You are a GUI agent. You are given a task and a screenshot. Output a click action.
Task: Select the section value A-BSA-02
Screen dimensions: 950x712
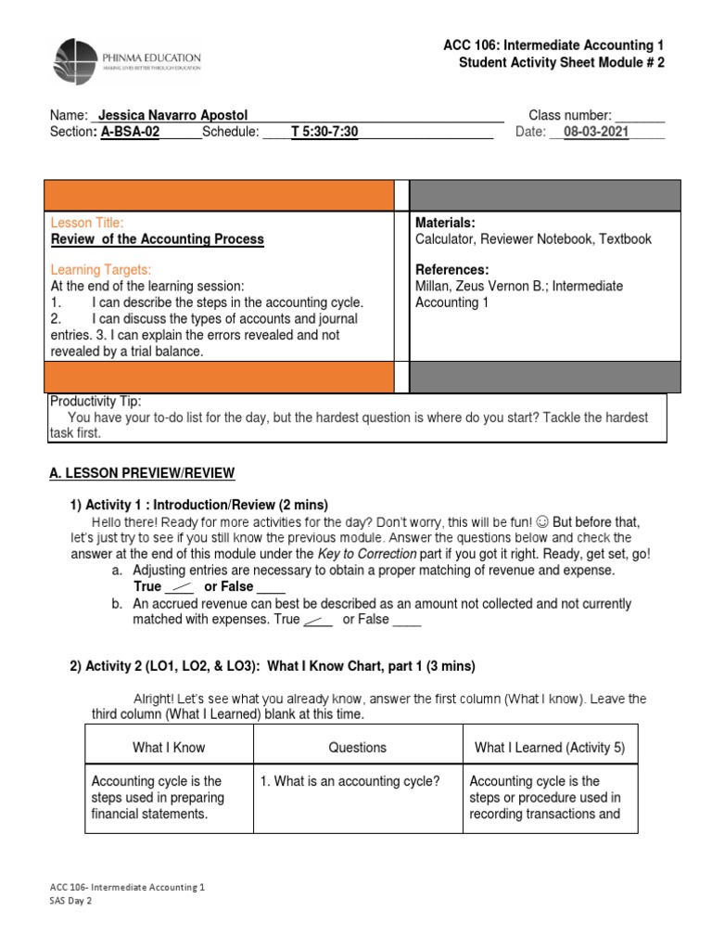(x=130, y=132)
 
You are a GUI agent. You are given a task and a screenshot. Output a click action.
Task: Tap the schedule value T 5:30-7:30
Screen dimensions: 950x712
(x=324, y=132)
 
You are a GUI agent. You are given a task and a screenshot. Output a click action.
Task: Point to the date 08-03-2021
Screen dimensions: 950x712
(x=596, y=132)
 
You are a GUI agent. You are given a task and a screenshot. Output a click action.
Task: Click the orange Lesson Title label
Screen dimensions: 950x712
(x=86, y=223)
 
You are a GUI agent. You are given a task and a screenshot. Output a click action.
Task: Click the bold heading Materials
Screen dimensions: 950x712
(x=445, y=223)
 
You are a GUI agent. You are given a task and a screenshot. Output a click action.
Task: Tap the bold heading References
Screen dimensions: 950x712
(x=451, y=269)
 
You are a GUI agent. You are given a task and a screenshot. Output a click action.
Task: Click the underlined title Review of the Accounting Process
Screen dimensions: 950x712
(x=157, y=239)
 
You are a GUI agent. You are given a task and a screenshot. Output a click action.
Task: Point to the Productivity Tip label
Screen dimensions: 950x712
(x=95, y=401)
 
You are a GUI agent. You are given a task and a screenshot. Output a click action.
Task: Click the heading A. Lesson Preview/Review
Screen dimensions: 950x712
(x=142, y=473)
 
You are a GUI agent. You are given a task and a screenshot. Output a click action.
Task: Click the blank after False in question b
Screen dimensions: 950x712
(x=406, y=620)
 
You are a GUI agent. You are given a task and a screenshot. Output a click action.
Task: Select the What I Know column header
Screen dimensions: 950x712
(x=169, y=747)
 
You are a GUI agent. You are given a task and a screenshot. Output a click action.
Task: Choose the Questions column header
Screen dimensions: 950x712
(x=357, y=747)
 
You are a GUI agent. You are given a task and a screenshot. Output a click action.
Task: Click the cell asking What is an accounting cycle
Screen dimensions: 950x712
(x=349, y=781)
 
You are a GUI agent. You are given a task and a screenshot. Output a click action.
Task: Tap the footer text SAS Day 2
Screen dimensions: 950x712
(x=70, y=901)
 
